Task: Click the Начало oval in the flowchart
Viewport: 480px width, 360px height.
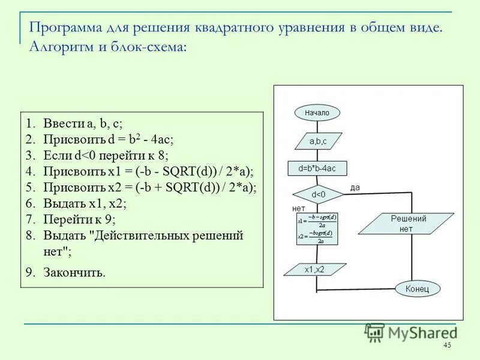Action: coord(317,112)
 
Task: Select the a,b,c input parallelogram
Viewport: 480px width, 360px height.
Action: coord(318,142)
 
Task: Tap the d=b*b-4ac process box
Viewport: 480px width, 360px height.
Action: coord(317,169)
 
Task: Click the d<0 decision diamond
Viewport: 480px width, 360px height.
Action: coord(317,194)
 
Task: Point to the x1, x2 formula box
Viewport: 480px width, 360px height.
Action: coord(317,229)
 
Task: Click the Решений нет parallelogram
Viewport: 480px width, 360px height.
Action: coord(408,224)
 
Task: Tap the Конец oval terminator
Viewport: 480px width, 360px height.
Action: coord(416,289)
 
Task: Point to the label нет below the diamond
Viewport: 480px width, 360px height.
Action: coord(298,208)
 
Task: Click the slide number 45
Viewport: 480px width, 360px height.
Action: coord(446,345)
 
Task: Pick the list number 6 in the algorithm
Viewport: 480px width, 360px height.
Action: coord(29,203)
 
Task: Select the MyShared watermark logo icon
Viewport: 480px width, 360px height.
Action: coord(375,332)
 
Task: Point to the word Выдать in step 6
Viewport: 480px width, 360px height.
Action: coord(63,203)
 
